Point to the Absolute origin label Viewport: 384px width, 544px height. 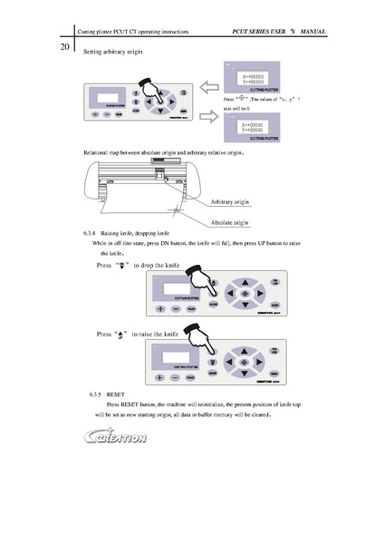click(229, 221)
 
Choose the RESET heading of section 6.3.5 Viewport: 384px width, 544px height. click(116, 395)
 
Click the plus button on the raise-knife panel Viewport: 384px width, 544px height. click(161, 376)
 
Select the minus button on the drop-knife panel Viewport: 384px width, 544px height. click(177, 309)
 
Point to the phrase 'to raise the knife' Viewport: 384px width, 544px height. click(161, 334)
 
